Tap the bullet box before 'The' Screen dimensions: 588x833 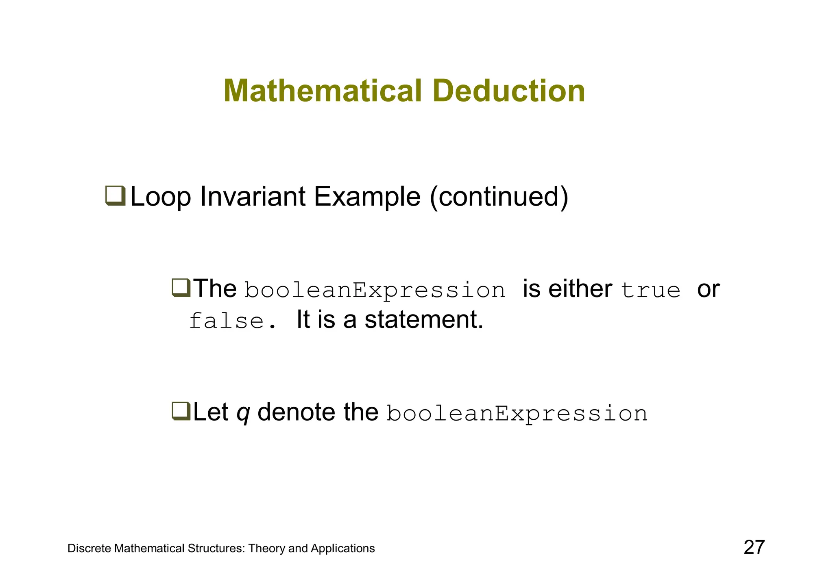coord(181,288)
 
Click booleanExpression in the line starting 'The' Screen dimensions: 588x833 coord(375,290)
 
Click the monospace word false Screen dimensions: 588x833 coord(227,321)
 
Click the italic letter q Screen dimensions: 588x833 coord(243,413)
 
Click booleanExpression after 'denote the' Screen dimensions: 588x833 coord(517,414)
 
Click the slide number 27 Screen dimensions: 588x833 coord(754,547)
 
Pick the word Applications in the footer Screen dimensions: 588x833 coord(342,549)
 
